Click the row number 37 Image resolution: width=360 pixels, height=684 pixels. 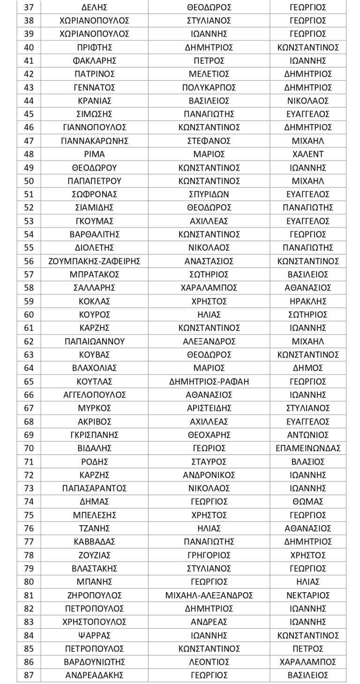click(29, 7)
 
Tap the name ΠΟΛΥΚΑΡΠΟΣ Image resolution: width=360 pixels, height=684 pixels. click(209, 88)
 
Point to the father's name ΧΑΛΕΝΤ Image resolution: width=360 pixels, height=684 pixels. click(308, 154)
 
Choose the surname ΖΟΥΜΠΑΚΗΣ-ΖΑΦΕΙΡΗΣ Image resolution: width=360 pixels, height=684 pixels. click(95, 261)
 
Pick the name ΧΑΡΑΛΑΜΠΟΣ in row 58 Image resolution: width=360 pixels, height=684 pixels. click(209, 288)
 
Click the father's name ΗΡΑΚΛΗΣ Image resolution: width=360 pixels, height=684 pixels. click(308, 301)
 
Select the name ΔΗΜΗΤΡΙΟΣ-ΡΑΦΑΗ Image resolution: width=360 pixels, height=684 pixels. click(209, 381)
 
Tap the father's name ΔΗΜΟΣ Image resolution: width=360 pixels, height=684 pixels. click(308, 368)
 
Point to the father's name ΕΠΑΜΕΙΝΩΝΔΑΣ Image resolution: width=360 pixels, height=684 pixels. click(308, 448)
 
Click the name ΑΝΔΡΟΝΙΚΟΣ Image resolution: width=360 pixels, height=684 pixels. click(209, 475)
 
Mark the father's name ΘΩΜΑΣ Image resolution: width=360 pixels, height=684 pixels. click(308, 501)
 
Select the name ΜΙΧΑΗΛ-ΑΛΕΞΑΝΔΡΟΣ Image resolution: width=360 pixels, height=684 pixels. click(209, 595)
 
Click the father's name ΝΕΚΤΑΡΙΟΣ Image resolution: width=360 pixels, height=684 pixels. click(308, 595)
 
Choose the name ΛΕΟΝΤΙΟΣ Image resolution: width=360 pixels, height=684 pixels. click(209, 662)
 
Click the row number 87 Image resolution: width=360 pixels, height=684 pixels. click(29, 675)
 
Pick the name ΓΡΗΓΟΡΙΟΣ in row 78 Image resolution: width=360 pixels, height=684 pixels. click(209, 555)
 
